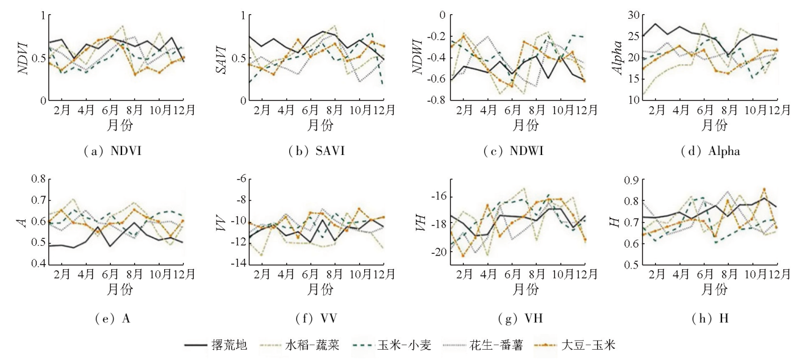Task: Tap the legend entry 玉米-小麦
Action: click(397, 345)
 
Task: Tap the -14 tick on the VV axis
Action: click(236, 265)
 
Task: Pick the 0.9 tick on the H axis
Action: click(632, 179)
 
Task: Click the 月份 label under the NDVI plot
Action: click(119, 125)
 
